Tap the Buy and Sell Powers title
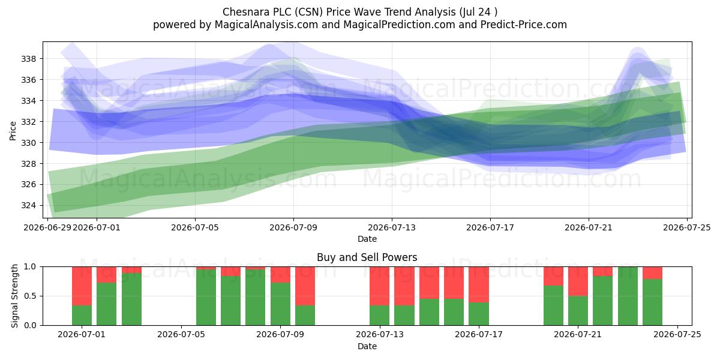tap(367, 257)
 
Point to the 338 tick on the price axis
tap(29, 59)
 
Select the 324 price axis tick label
tap(29, 205)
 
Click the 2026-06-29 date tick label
tap(47, 227)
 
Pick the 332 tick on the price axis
tap(29, 122)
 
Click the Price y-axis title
tap(13, 131)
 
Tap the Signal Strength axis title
tap(14, 296)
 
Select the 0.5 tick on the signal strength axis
tap(30, 296)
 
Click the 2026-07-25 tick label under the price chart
tap(687, 227)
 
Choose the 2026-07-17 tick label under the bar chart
tap(479, 335)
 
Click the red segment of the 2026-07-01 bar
tap(82, 286)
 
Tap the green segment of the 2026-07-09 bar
tap(280, 304)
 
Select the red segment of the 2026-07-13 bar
tap(379, 286)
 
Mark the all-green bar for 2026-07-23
tap(628, 296)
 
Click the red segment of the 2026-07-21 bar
tap(578, 281)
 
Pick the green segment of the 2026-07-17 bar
tap(479, 314)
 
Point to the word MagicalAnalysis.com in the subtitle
tap(266, 25)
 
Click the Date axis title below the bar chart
tap(367, 346)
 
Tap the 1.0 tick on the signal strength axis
tap(30, 267)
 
